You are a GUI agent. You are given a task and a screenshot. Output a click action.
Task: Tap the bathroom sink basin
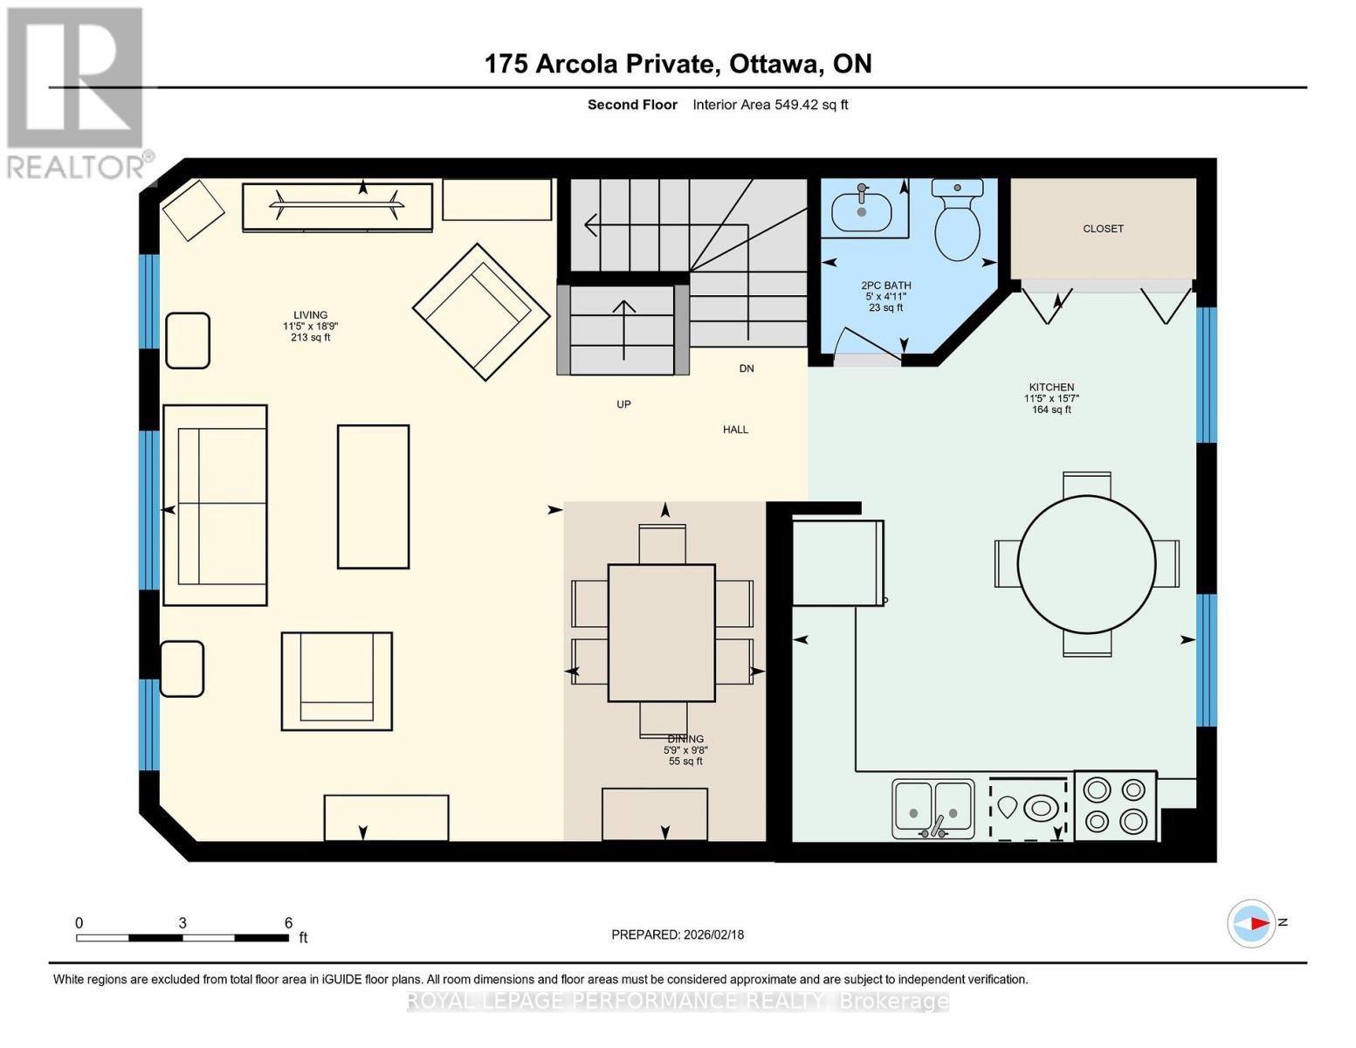[861, 211]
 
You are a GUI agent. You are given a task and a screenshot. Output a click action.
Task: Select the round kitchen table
[1086, 564]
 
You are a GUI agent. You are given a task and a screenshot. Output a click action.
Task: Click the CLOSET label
[1103, 229]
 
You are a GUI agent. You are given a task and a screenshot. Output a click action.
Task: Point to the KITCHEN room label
[1051, 388]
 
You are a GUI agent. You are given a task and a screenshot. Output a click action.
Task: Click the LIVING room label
[310, 315]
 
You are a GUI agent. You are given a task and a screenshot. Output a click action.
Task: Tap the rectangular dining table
[661, 632]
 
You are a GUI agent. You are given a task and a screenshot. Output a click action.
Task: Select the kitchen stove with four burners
[1115, 805]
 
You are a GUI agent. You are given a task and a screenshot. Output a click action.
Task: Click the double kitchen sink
[933, 809]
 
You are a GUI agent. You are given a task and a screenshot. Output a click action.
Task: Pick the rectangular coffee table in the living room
[373, 496]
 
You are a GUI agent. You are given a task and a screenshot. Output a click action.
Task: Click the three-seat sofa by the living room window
[216, 505]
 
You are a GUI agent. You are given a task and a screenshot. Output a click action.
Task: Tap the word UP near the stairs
[623, 404]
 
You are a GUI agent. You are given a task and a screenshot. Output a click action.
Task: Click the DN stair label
[747, 369]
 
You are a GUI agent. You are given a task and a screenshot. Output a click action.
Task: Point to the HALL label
[735, 430]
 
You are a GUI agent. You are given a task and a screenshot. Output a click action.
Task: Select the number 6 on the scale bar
[288, 923]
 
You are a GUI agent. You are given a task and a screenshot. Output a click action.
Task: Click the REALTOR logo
[77, 92]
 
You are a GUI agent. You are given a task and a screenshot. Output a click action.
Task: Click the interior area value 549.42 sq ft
[811, 105]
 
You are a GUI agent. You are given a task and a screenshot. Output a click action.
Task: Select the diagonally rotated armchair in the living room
[475, 312]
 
